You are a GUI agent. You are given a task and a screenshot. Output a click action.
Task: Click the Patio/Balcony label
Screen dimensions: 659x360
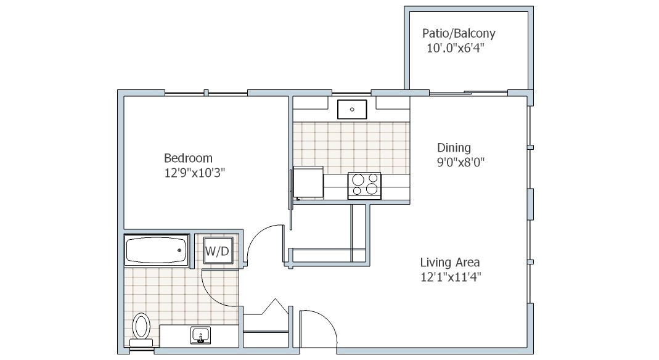(459, 33)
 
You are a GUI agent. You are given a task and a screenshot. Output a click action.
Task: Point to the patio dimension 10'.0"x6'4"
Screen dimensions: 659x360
(456, 48)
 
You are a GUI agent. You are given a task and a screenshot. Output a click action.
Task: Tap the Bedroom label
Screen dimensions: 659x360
(188, 158)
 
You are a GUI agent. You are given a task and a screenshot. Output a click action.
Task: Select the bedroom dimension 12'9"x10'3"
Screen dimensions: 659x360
(195, 173)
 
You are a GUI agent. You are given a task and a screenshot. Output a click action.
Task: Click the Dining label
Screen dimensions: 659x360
(454, 147)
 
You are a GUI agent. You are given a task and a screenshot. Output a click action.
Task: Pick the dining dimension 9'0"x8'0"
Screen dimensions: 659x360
(461, 162)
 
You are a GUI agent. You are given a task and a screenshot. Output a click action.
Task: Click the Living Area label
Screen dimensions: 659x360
(449, 263)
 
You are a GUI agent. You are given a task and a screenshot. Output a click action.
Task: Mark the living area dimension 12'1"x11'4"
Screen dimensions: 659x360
(451, 277)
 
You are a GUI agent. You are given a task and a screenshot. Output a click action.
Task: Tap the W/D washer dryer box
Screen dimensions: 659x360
(218, 251)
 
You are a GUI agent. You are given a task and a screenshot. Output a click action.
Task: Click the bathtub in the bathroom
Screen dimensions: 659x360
(157, 250)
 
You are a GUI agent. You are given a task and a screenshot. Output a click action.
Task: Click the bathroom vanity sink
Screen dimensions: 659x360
(201, 335)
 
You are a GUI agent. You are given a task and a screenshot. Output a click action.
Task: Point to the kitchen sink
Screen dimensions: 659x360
(352, 109)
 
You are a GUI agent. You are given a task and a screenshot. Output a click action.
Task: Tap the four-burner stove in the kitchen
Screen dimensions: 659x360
(364, 185)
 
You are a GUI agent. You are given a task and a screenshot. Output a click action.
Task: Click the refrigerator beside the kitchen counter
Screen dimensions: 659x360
(308, 182)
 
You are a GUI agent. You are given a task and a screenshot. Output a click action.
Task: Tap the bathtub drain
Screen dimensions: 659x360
(179, 250)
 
